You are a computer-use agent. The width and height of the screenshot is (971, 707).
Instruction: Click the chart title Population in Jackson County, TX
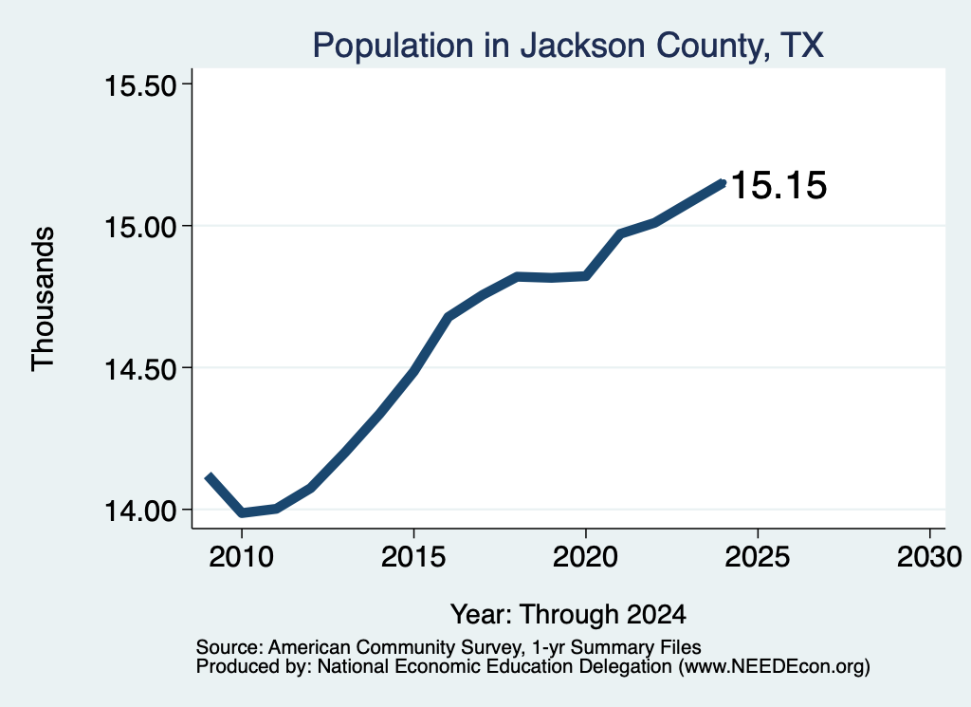(568, 46)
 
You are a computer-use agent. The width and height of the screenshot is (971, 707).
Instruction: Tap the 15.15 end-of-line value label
(779, 185)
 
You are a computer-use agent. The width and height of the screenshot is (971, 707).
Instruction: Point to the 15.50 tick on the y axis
(141, 85)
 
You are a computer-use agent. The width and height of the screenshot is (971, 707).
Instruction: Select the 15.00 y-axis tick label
(141, 227)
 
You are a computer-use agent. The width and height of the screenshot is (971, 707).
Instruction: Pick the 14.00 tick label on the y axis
(141, 511)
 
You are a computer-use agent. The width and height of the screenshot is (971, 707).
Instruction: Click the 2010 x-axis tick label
(242, 557)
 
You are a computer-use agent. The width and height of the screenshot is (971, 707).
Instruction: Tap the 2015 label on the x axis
(413, 557)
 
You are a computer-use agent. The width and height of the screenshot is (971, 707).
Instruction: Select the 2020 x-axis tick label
(585, 557)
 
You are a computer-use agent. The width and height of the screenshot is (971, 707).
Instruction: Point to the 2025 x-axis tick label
(758, 557)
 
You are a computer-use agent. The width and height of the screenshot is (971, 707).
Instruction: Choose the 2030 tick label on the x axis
(929, 557)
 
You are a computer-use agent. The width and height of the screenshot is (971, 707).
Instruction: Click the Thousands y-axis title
(44, 299)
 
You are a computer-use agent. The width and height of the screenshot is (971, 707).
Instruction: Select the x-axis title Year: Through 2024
(568, 615)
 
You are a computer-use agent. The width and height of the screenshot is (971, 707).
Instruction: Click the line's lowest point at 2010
(242, 512)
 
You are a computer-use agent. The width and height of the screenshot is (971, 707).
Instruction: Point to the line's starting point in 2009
(209, 475)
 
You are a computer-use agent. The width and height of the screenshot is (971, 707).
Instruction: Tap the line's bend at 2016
(448, 317)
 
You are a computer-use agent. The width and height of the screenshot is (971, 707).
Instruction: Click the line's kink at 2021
(620, 233)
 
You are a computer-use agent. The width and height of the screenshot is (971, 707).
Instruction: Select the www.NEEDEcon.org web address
(774, 667)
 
